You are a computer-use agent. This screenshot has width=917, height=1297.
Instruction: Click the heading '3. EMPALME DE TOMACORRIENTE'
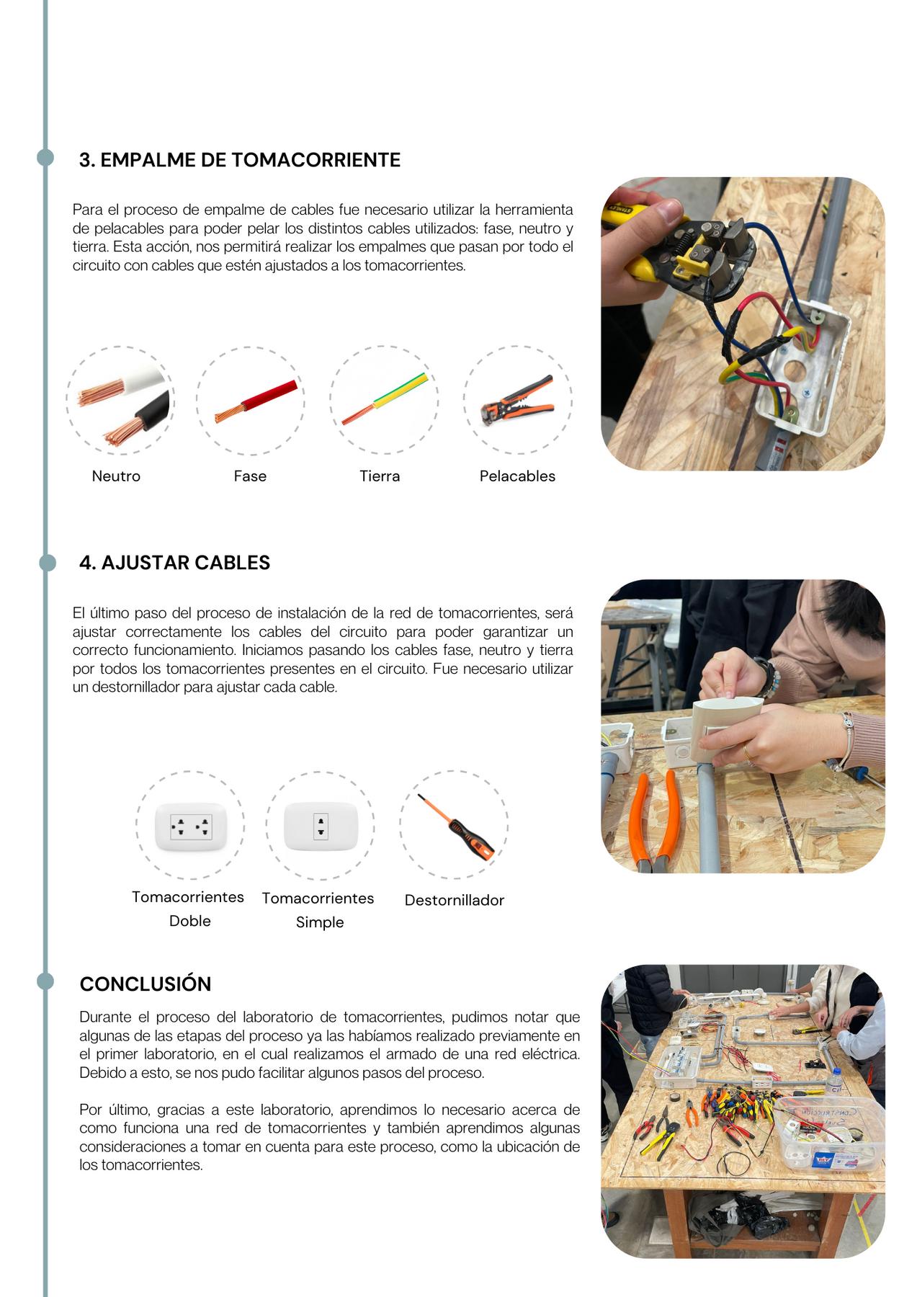(239, 160)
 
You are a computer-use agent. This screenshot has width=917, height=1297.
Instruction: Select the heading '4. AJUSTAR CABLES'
(174, 563)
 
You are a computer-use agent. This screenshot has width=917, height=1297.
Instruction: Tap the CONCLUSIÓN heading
(146, 984)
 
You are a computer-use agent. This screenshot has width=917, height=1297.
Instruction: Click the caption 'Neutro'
(116, 476)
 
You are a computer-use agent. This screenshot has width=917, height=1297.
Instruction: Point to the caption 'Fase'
(250, 476)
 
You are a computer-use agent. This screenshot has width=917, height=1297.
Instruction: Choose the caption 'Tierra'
(380, 476)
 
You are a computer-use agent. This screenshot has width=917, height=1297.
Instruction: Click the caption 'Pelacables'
(517, 476)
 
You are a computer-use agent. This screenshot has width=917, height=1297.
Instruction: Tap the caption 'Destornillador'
(455, 900)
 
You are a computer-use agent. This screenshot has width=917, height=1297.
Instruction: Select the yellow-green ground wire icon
(385, 398)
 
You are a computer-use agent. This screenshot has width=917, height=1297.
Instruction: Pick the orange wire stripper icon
(517, 398)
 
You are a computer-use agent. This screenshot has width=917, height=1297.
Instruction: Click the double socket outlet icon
(191, 826)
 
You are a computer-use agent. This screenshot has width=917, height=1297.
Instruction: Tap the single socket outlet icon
(321, 826)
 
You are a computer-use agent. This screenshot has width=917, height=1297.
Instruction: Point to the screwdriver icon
(456, 826)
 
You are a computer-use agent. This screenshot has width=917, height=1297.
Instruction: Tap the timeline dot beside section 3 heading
(45, 158)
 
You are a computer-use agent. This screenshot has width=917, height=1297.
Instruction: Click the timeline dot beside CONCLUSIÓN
(45, 981)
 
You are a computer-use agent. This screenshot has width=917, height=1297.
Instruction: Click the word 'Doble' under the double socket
(190, 921)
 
